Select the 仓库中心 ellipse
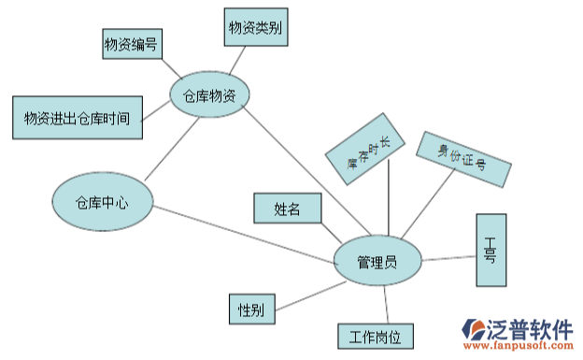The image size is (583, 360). click(102, 201)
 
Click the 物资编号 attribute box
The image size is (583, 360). click(131, 43)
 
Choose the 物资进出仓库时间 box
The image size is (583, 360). click(78, 117)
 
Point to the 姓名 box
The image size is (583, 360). click(287, 208)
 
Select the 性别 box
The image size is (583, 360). click(251, 310)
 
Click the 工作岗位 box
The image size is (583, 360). click(375, 336)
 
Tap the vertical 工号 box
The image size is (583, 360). click(491, 250)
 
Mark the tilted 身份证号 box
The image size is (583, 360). click(463, 158)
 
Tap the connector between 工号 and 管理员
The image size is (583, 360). click(448, 255)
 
